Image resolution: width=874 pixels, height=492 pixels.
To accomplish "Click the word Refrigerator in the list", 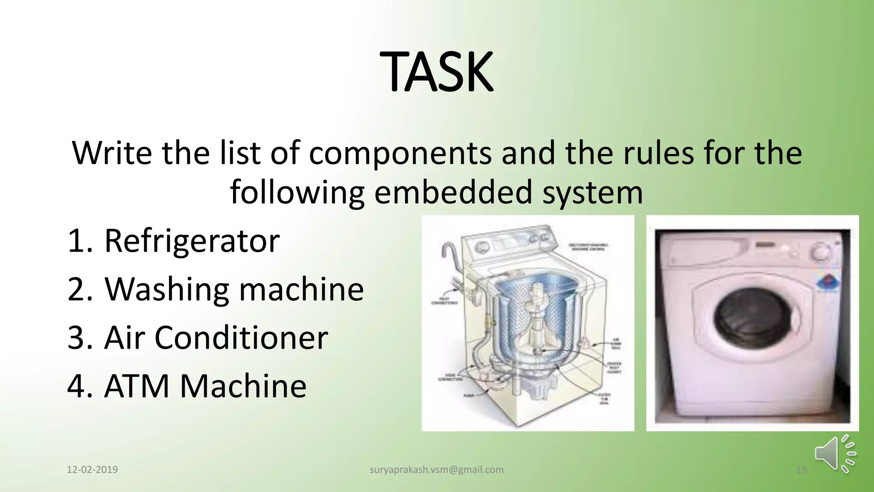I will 192,241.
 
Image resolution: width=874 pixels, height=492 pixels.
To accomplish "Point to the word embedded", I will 453,192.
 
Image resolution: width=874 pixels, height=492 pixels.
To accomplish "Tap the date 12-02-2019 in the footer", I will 92,470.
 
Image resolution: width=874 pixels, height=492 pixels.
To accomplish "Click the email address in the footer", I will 436,470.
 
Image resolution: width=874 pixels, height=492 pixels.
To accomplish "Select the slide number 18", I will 801,470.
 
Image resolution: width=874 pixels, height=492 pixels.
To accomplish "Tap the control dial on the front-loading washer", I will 820,253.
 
